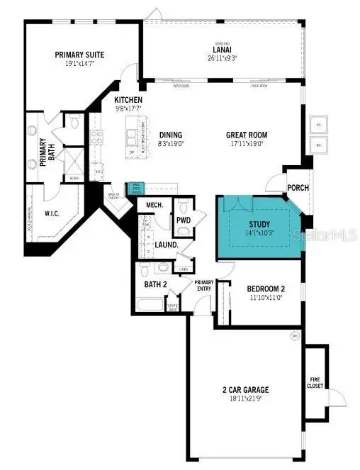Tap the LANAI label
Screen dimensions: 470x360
223,50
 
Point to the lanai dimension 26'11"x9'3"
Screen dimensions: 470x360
223,58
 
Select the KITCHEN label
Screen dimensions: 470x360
128,101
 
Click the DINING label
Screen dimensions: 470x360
171,135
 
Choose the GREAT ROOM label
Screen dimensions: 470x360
246,135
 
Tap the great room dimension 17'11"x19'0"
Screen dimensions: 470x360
246,143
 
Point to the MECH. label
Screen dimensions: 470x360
154,206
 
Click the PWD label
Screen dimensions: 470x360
184,220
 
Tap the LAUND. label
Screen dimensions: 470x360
166,245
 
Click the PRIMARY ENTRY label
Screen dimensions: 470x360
204,285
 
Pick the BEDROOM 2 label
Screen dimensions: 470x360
266,289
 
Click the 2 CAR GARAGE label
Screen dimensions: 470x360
245,390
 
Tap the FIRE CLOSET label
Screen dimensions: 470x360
315,383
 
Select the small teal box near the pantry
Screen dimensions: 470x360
136,188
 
